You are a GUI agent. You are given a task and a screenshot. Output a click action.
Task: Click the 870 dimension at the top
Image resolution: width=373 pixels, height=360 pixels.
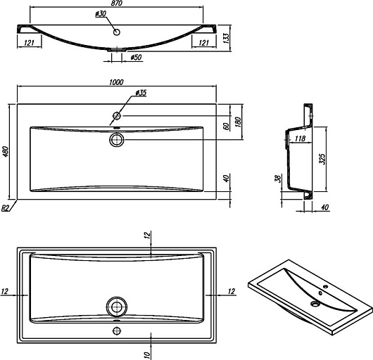tap(117, 3)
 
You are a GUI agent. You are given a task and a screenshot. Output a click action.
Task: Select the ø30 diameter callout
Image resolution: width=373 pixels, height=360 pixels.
tap(101, 14)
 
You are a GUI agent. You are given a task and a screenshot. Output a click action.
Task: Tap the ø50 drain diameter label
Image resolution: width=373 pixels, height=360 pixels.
tap(136, 57)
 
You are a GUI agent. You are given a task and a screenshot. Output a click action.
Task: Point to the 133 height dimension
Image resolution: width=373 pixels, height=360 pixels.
tap(226, 38)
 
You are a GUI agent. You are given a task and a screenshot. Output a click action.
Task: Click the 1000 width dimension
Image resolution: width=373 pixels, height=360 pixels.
tap(116, 82)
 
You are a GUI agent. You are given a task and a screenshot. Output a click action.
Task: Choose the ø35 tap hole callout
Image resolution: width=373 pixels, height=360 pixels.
tap(141, 93)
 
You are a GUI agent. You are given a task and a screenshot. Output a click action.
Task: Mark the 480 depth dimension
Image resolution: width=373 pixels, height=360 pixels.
tap(5, 152)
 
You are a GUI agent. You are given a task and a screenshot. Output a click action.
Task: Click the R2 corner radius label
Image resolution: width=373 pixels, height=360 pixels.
tap(5, 208)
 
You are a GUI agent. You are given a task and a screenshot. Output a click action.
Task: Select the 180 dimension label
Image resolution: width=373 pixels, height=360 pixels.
tap(238, 122)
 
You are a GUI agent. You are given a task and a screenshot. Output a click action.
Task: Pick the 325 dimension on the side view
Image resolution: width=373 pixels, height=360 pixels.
tap(322, 159)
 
